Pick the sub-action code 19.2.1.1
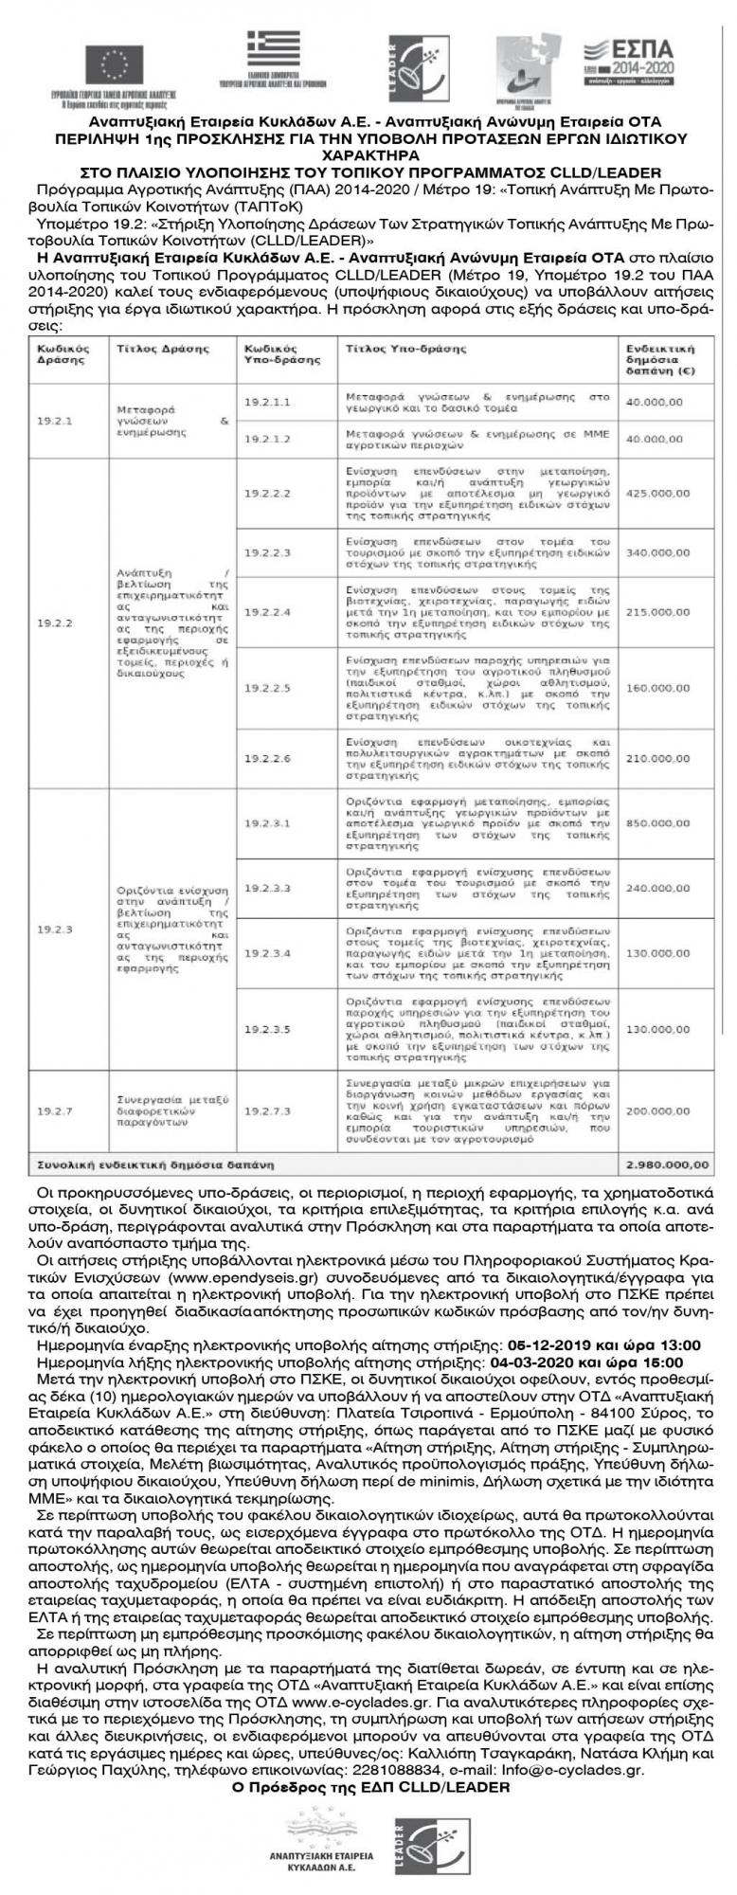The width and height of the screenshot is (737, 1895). click(x=268, y=402)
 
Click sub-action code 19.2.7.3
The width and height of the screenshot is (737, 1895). click(x=268, y=1110)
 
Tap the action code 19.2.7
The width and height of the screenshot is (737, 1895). click(x=55, y=1110)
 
